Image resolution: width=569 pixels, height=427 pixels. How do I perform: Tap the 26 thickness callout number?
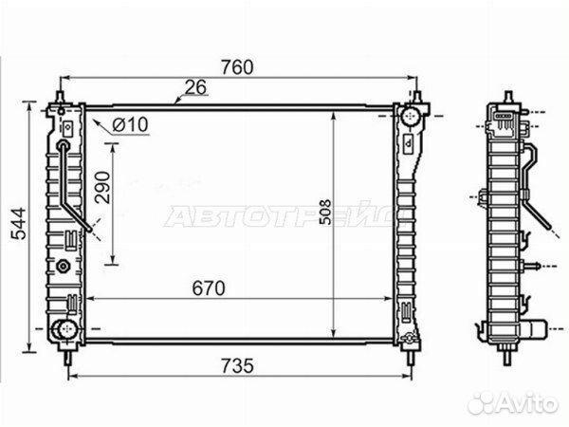[196, 89]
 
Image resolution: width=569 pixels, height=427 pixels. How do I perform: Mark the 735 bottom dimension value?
[240, 363]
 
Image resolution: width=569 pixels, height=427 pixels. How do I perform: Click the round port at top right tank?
[410, 119]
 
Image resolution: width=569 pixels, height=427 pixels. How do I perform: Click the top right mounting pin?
[418, 96]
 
